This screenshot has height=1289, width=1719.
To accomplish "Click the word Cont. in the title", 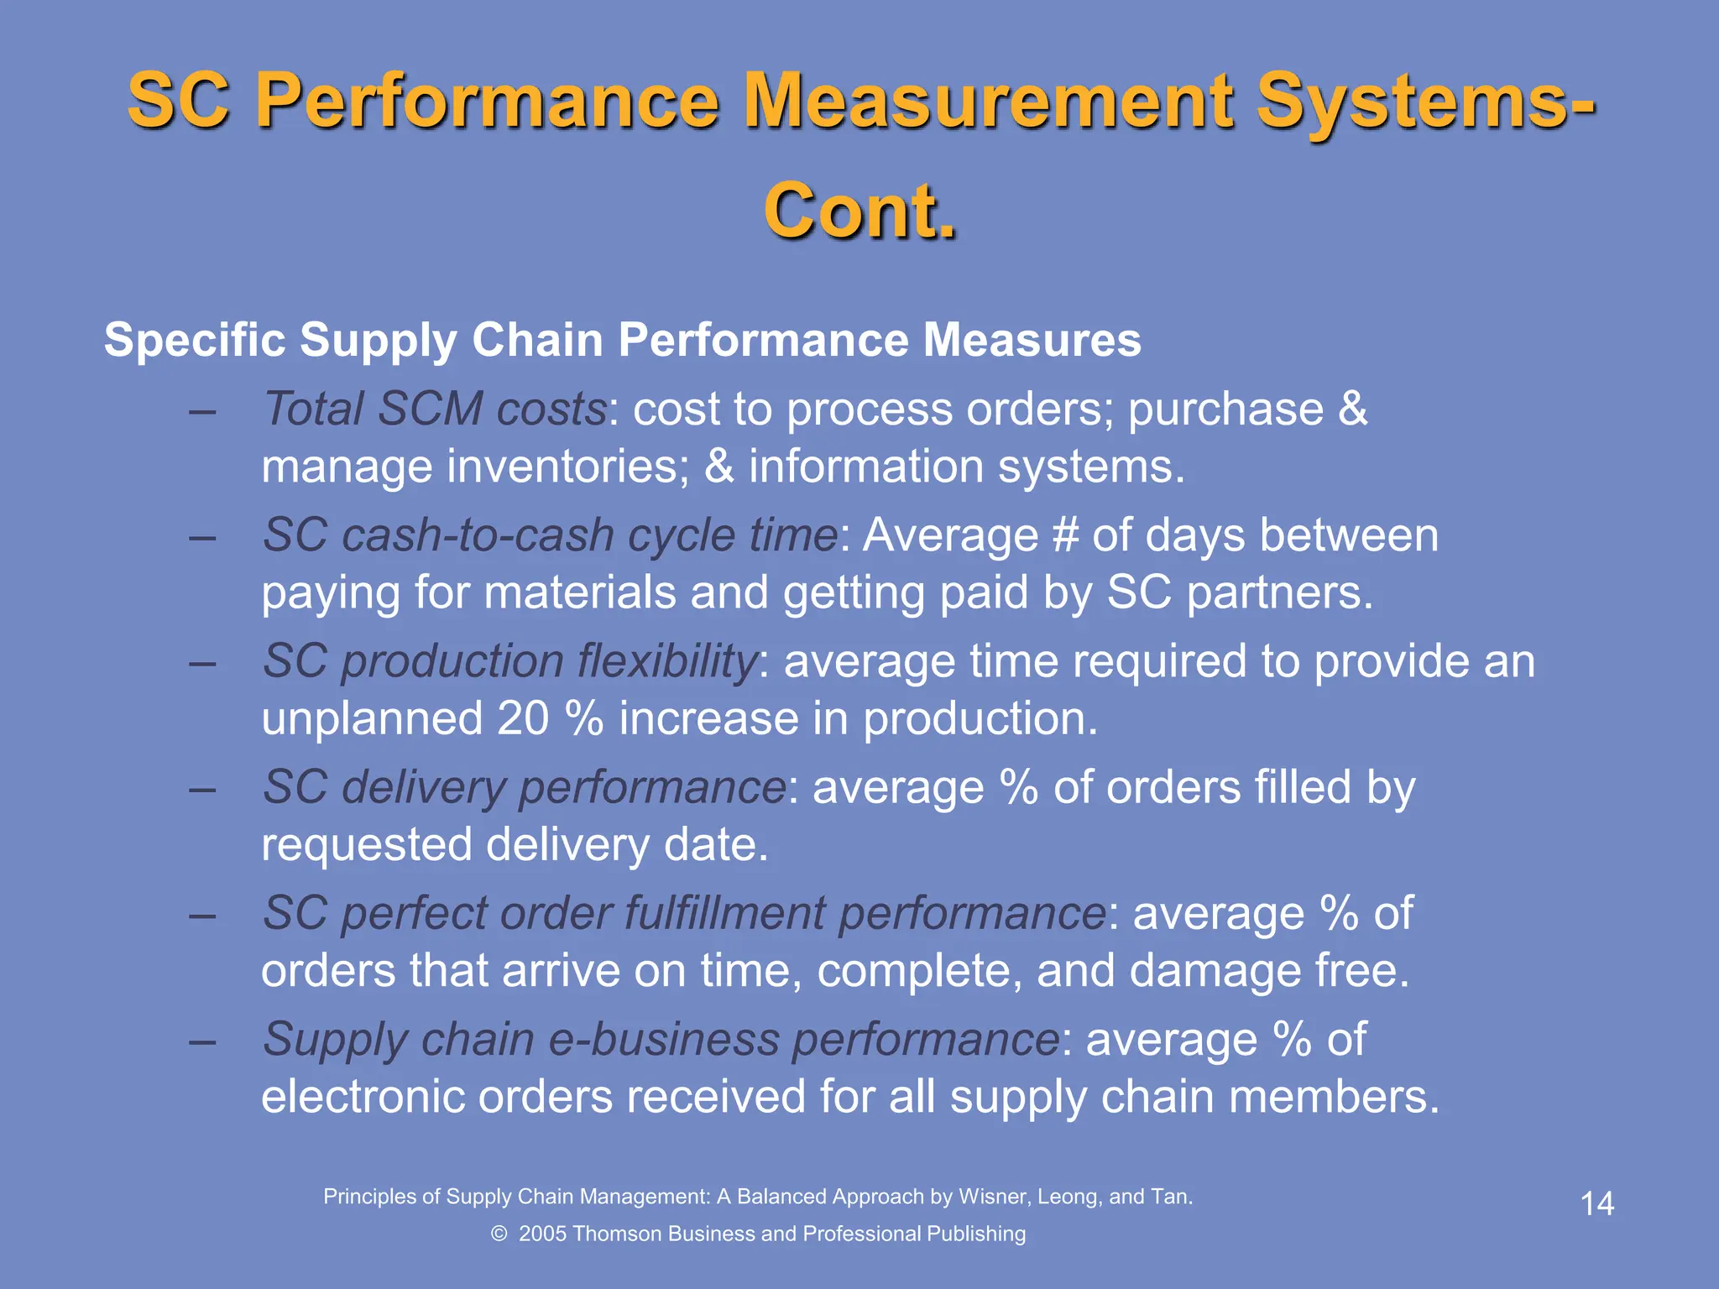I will [859, 211].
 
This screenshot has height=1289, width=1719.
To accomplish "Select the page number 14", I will [1596, 1203].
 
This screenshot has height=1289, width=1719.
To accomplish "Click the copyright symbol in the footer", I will [499, 1234].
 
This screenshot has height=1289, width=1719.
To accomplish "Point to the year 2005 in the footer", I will [542, 1234].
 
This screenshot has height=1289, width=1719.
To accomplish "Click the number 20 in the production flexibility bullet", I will [522, 718].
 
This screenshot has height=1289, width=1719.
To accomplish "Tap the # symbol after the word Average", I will [1065, 535].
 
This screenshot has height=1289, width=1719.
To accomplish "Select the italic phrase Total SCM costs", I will [435, 409].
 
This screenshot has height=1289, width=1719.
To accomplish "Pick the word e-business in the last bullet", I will [663, 1039].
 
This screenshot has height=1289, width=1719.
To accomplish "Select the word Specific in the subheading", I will [195, 340].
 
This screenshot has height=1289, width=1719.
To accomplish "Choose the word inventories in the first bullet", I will [567, 467].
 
